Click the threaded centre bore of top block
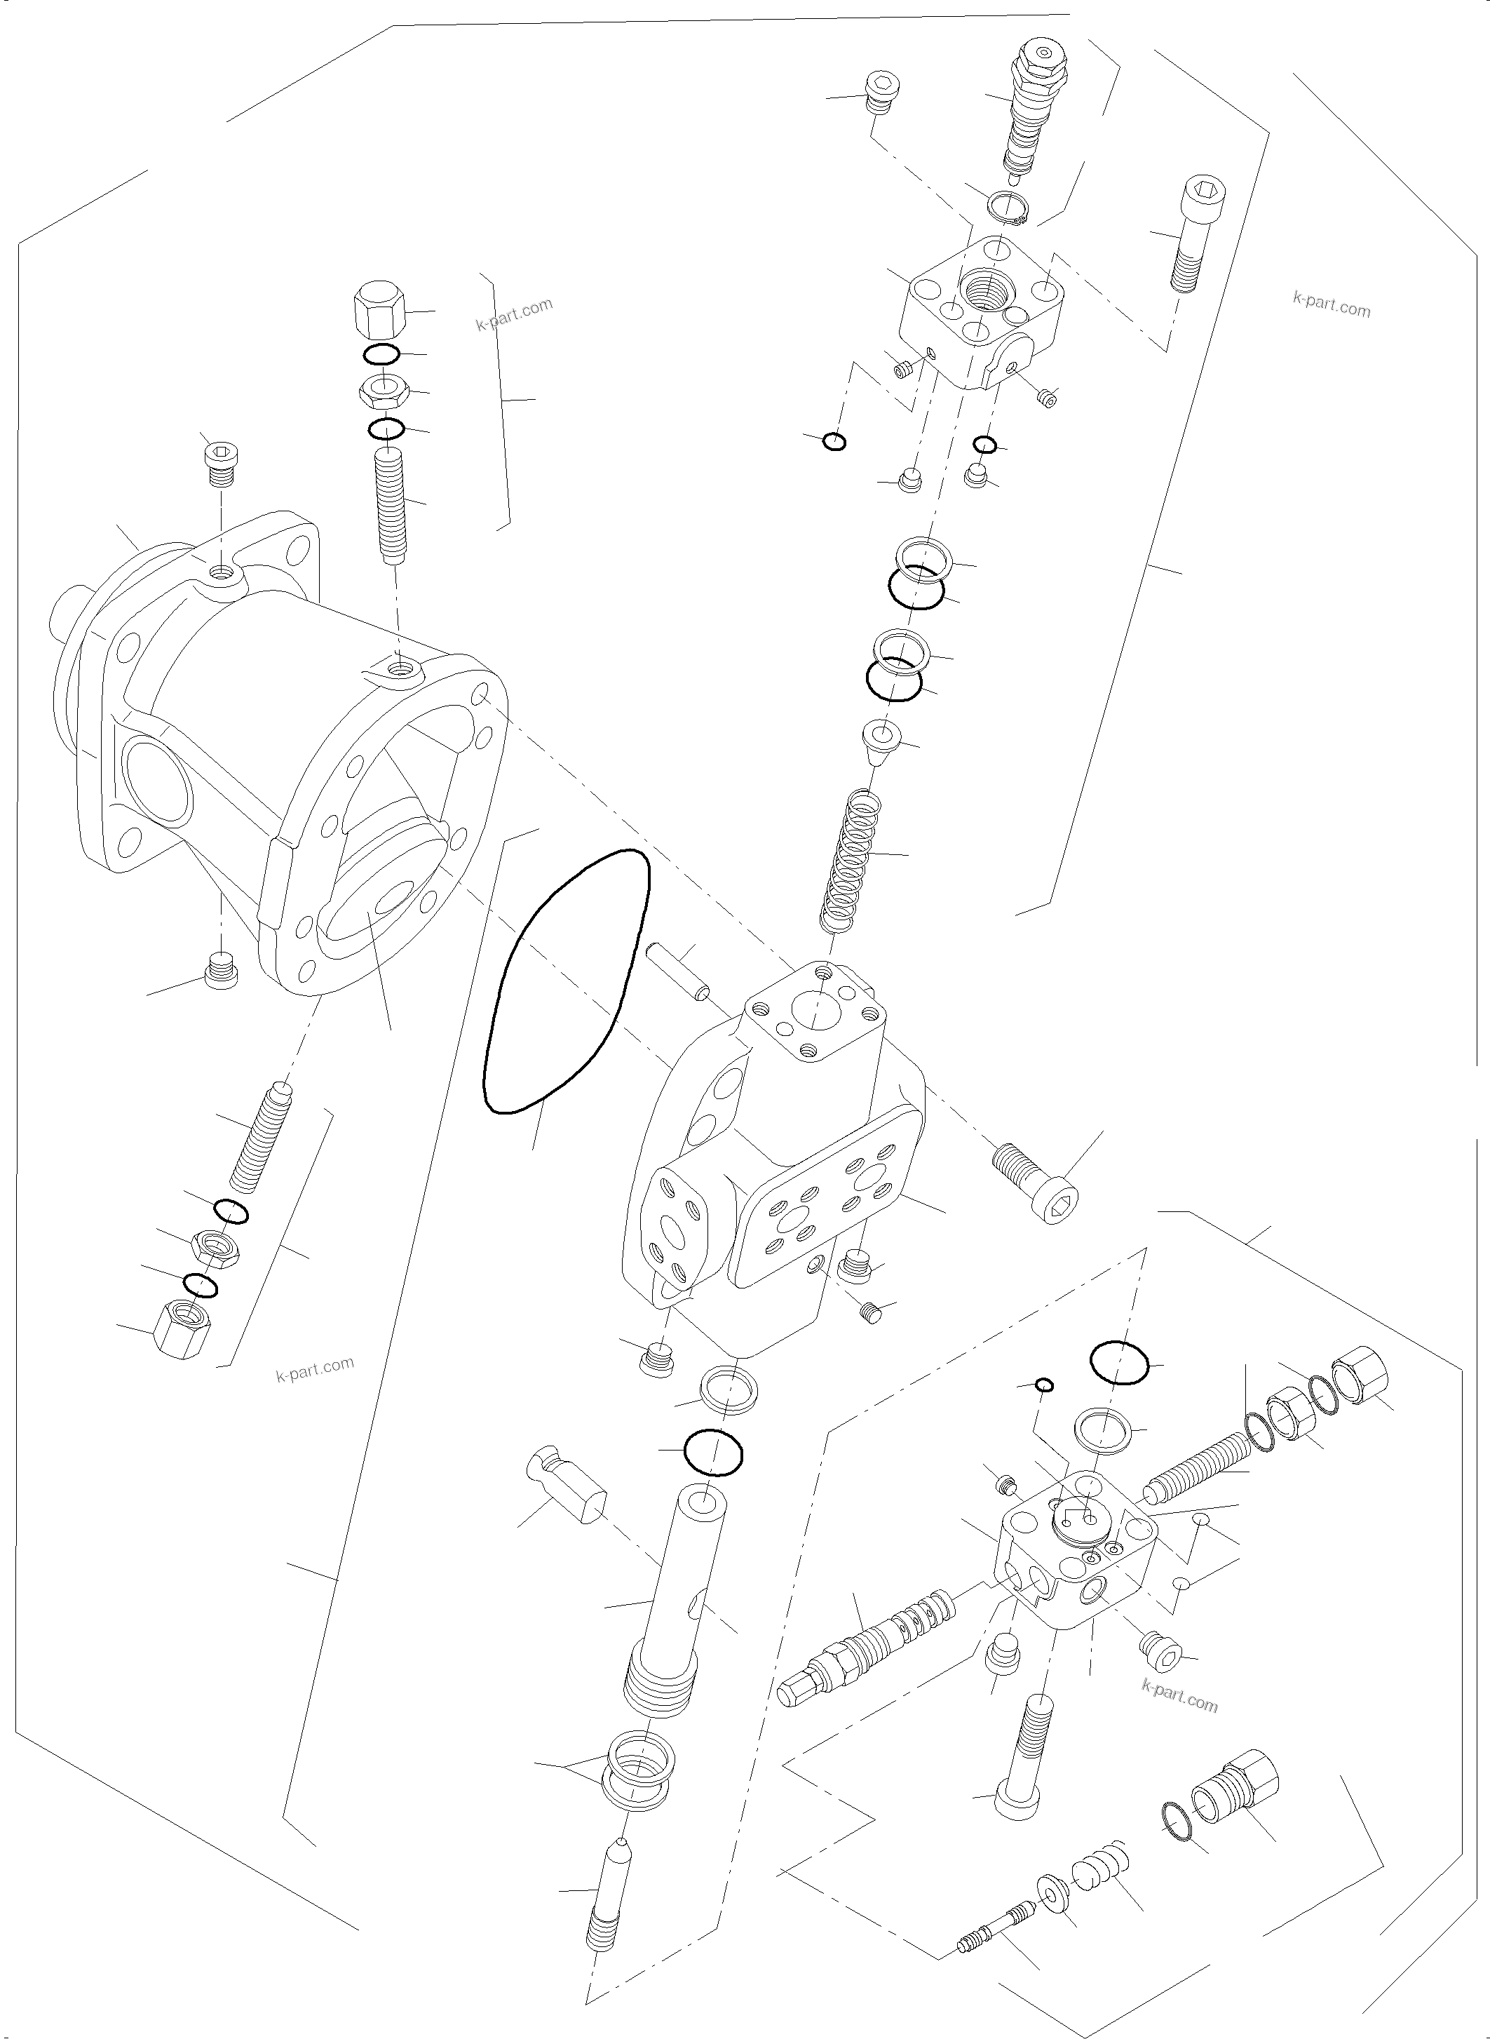989,289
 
